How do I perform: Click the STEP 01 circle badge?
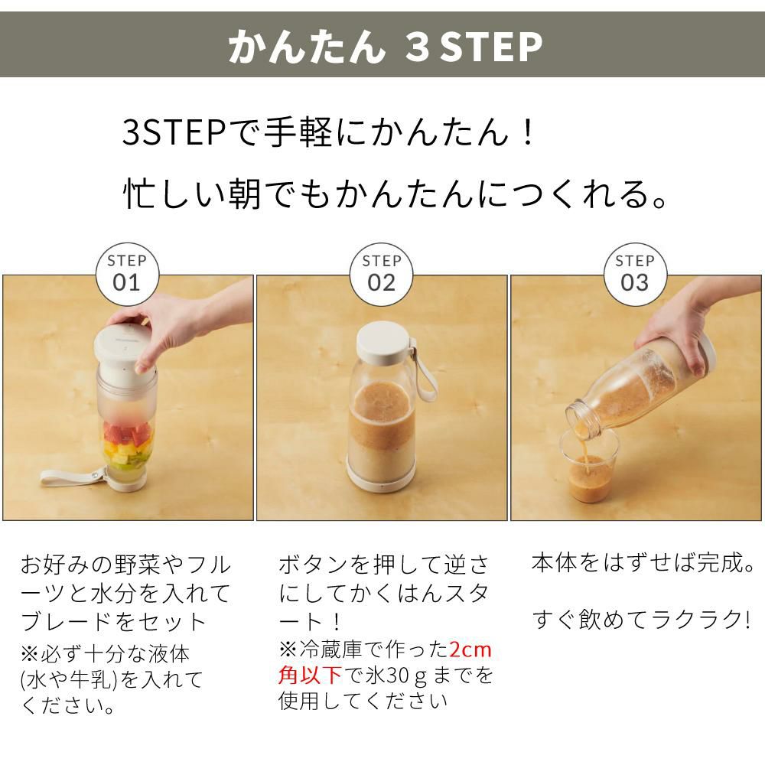[x=127, y=274]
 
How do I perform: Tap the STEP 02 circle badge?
[x=382, y=274]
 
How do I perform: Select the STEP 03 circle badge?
[x=635, y=274]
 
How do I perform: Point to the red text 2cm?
[x=470, y=651]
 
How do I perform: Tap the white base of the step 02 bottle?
[x=382, y=474]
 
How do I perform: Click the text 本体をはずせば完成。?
[x=643, y=564]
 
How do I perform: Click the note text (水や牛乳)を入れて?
[x=112, y=679]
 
